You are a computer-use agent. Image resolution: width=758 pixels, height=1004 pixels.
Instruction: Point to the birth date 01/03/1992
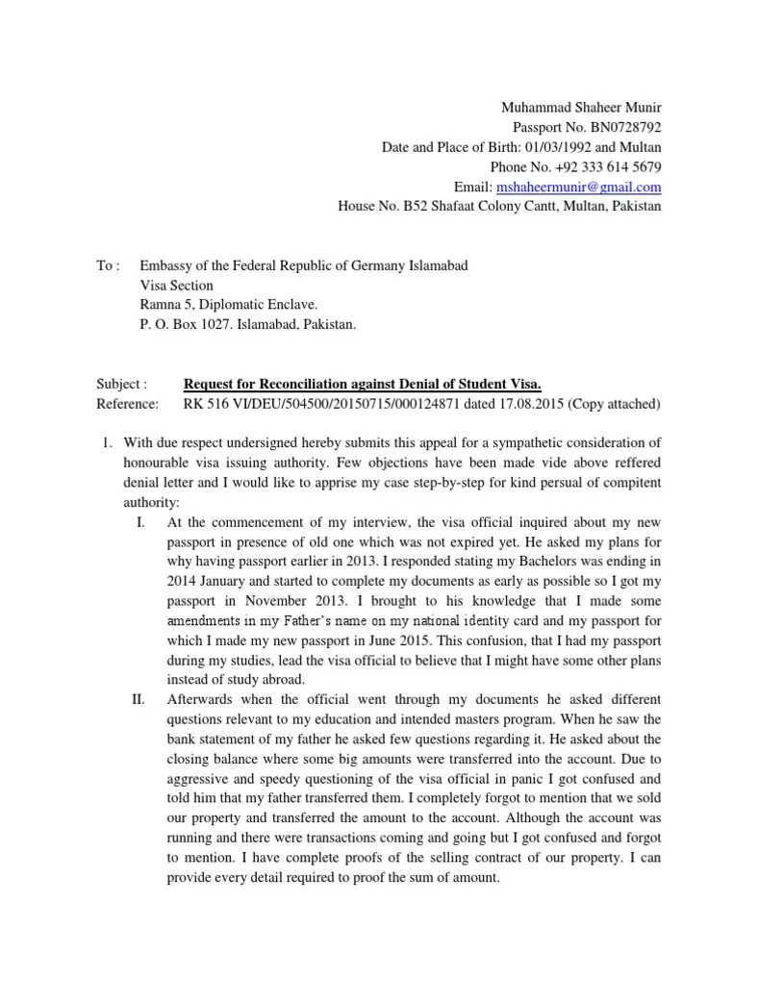(x=558, y=147)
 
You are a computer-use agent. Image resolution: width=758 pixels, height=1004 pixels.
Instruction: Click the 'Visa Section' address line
(x=177, y=286)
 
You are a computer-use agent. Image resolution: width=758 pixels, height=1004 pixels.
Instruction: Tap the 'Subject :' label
(x=122, y=384)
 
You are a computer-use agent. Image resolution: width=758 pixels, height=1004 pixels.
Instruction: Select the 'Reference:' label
(x=127, y=404)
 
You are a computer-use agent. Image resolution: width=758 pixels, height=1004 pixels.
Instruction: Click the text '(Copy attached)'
(x=614, y=404)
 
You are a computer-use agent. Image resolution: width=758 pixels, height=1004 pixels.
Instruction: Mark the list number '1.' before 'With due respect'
(x=110, y=443)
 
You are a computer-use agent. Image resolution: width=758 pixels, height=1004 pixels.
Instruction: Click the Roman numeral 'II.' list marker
(x=138, y=698)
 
